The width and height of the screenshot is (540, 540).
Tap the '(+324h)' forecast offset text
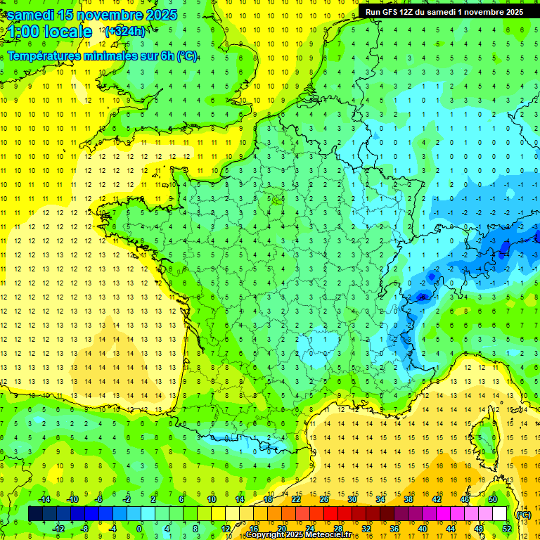point(125,31)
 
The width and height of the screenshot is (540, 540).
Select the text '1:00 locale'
point(50,32)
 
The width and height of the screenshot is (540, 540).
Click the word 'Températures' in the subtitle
point(47,56)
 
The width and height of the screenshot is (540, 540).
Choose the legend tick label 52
point(506,529)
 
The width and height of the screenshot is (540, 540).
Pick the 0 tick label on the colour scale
point(140,529)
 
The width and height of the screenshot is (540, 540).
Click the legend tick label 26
point(323,499)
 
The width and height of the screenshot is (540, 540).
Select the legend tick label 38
point(408,499)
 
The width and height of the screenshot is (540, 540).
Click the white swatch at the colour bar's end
point(499,514)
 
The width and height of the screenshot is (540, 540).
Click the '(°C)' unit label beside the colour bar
point(523,514)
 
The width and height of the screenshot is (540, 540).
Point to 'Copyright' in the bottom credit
point(264,535)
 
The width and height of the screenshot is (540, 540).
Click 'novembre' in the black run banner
point(481,12)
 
